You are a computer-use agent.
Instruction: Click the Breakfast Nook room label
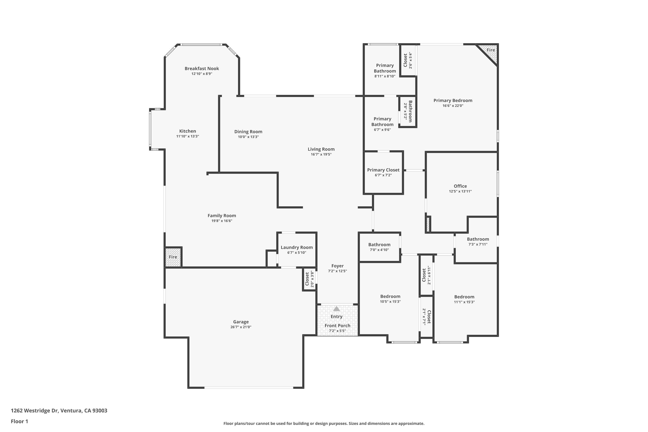pyautogui.click(x=202, y=68)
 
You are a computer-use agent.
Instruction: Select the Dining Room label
pyautogui.click(x=248, y=132)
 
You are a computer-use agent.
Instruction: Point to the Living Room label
pyautogui.click(x=321, y=149)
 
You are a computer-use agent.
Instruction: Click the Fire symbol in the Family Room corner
pyautogui.click(x=173, y=257)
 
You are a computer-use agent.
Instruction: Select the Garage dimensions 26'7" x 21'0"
pyautogui.click(x=241, y=327)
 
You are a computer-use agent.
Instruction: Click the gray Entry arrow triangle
pyautogui.click(x=336, y=309)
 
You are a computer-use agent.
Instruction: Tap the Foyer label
pyautogui.click(x=337, y=266)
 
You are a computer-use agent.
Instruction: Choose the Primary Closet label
pyautogui.click(x=383, y=170)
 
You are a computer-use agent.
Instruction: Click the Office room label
pyautogui.click(x=460, y=186)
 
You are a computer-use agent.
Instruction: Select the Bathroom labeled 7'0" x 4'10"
pyautogui.click(x=379, y=245)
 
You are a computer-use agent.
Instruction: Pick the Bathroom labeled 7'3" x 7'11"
pyautogui.click(x=478, y=239)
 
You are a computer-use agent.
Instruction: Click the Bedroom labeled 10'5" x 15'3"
pyautogui.click(x=390, y=296)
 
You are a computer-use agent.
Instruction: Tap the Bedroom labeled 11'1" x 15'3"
pyautogui.click(x=464, y=297)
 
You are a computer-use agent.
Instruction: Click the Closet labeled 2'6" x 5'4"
pyautogui.click(x=405, y=60)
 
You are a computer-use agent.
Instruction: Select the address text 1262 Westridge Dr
pyautogui.click(x=34, y=411)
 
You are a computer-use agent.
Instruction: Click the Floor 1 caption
pyautogui.click(x=19, y=421)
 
